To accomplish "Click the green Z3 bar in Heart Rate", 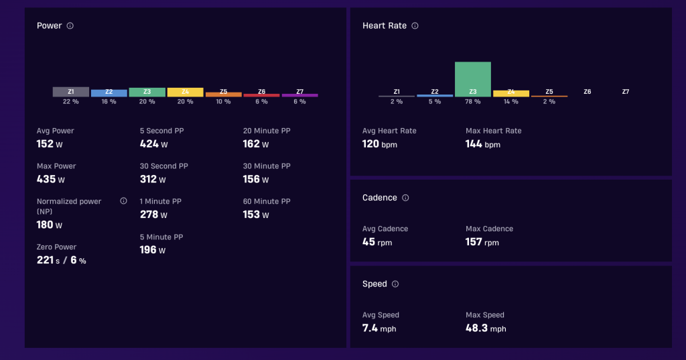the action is point(472,79).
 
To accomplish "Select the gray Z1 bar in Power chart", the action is point(71,92).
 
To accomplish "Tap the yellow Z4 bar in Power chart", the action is point(185,92).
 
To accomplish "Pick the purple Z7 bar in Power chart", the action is point(299,95).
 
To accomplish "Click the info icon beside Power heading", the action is point(70,26).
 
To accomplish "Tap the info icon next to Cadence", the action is point(405,198).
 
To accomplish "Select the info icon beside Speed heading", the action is point(395,284).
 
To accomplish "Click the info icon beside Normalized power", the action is point(123,201).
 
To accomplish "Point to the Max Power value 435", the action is point(46,179).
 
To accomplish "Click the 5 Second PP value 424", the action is point(149,143).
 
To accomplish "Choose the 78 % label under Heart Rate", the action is point(472,102).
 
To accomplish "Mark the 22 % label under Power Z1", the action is point(71,102).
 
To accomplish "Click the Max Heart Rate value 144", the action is point(474,143).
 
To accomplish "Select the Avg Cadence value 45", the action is point(368,242).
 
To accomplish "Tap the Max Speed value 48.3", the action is point(476,328).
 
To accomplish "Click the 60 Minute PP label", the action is point(267,202).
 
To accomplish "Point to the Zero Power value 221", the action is point(45,259).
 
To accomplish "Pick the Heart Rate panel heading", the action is point(385,26).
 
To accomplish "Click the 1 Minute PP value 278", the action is point(149,214).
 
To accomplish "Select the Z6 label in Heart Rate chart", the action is point(587,92).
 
